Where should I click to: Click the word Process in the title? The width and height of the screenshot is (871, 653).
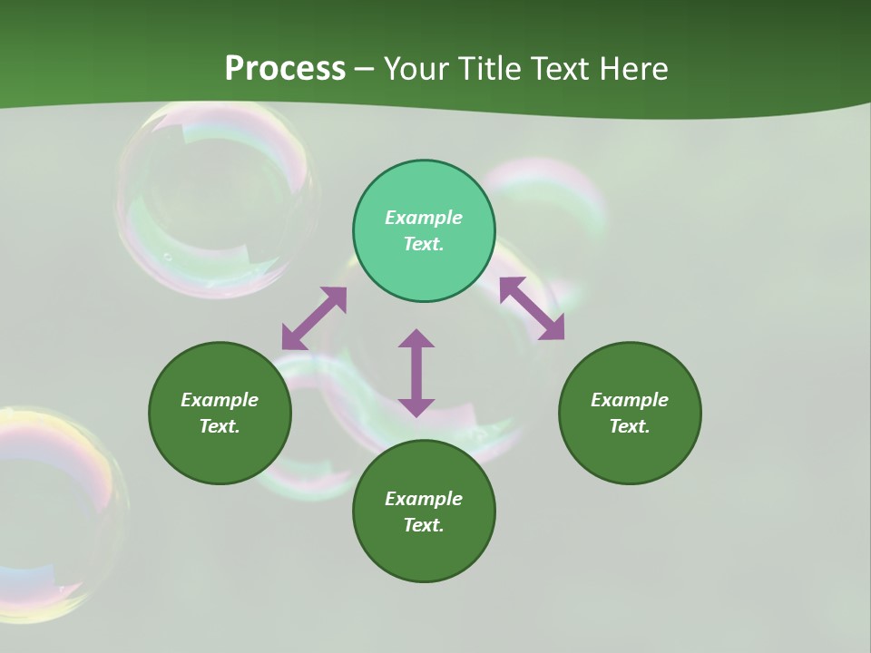285,69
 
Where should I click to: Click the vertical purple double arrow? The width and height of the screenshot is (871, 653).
416,373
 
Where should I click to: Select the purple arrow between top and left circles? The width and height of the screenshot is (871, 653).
314,317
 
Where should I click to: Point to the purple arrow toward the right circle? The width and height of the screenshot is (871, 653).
532,308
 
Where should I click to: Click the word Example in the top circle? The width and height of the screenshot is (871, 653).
424,218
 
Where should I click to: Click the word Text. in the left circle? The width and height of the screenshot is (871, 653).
220,426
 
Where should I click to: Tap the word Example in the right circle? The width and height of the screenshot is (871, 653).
630,400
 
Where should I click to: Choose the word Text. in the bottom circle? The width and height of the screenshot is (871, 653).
424,525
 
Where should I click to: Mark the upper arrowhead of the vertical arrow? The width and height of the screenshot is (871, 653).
416,339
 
